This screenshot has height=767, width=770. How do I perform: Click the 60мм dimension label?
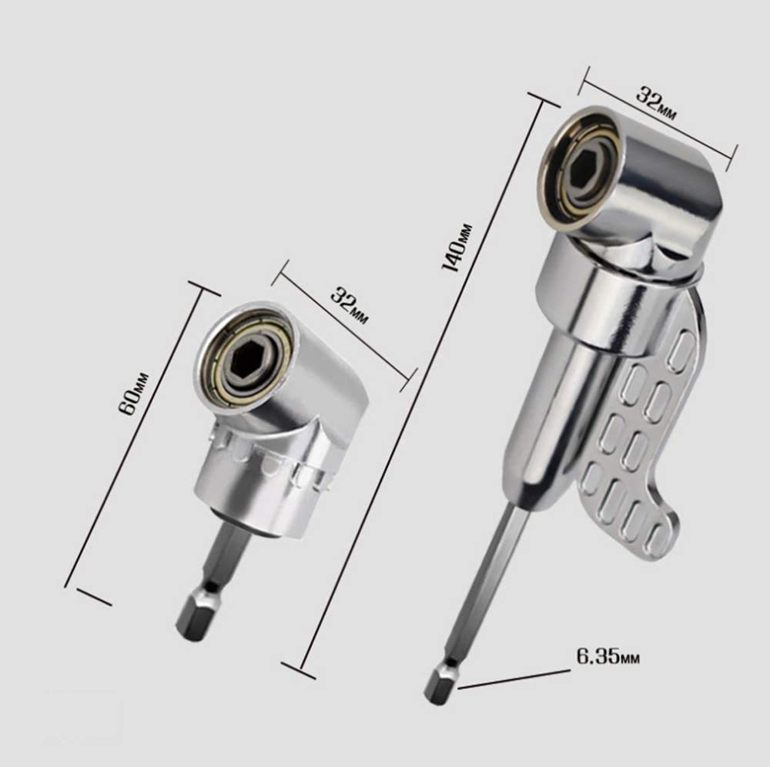pos(133,394)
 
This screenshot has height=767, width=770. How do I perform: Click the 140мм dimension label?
pos(457,247)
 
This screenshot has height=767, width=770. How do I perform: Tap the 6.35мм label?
pos(608,656)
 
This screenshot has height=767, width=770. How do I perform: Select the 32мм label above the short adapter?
pos(349,306)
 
